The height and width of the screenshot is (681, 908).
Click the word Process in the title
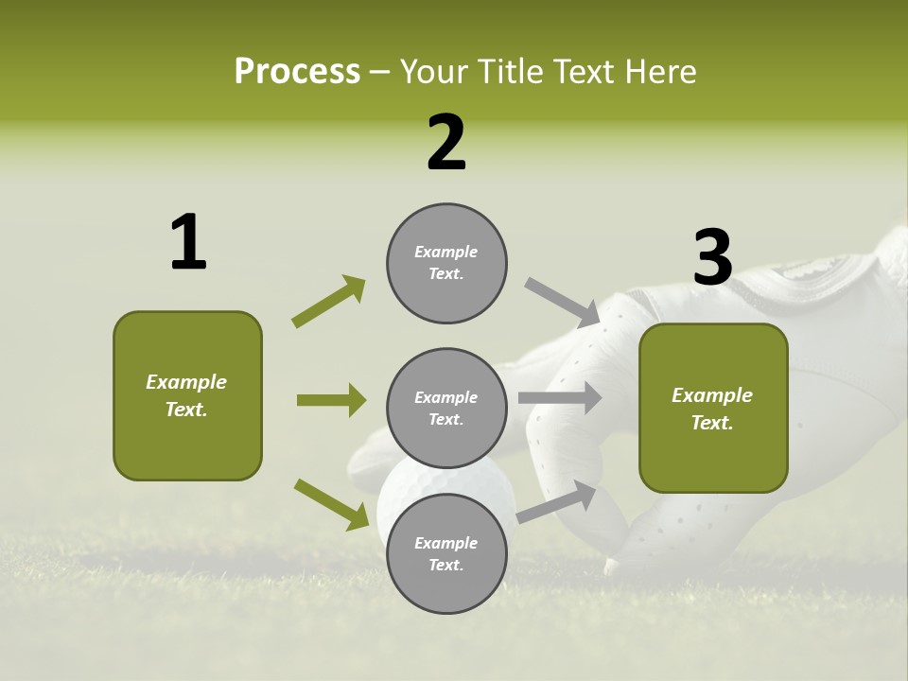coord(297,71)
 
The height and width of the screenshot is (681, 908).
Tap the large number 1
coord(188,242)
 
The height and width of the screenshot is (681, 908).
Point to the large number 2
coord(446,143)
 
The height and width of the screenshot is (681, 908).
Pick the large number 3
coord(712,257)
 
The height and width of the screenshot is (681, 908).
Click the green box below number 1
coord(187,395)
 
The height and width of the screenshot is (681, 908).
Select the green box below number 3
coord(713,409)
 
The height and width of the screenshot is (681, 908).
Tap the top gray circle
coord(446,263)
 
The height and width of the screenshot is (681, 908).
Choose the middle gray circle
coord(446,408)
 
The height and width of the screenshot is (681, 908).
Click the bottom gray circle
coord(446,553)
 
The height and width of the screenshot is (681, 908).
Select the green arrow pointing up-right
coord(329,302)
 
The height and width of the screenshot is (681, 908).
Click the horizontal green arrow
coord(331,400)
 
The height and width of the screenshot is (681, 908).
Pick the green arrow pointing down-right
coord(332,503)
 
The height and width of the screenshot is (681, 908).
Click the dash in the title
coord(380,72)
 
